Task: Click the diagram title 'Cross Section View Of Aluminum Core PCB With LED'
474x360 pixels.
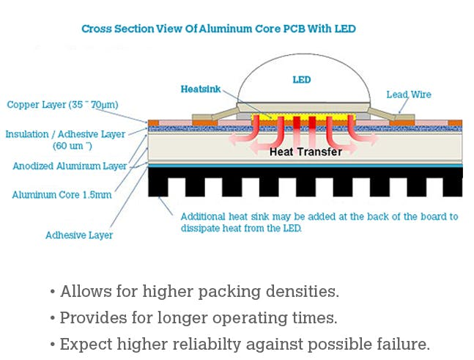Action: coord(218,29)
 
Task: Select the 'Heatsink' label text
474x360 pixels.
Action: coord(199,89)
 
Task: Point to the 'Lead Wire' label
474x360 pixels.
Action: coord(409,95)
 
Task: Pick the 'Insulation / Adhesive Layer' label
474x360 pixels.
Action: coord(64,134)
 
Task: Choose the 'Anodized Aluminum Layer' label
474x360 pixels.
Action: coord(70,166)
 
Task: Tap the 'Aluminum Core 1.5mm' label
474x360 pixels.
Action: coord(62,195)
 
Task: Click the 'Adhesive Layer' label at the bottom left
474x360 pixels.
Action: coord(78,235)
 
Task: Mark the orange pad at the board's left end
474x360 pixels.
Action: coord(153,122)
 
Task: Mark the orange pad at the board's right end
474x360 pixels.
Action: coord(455,122)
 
